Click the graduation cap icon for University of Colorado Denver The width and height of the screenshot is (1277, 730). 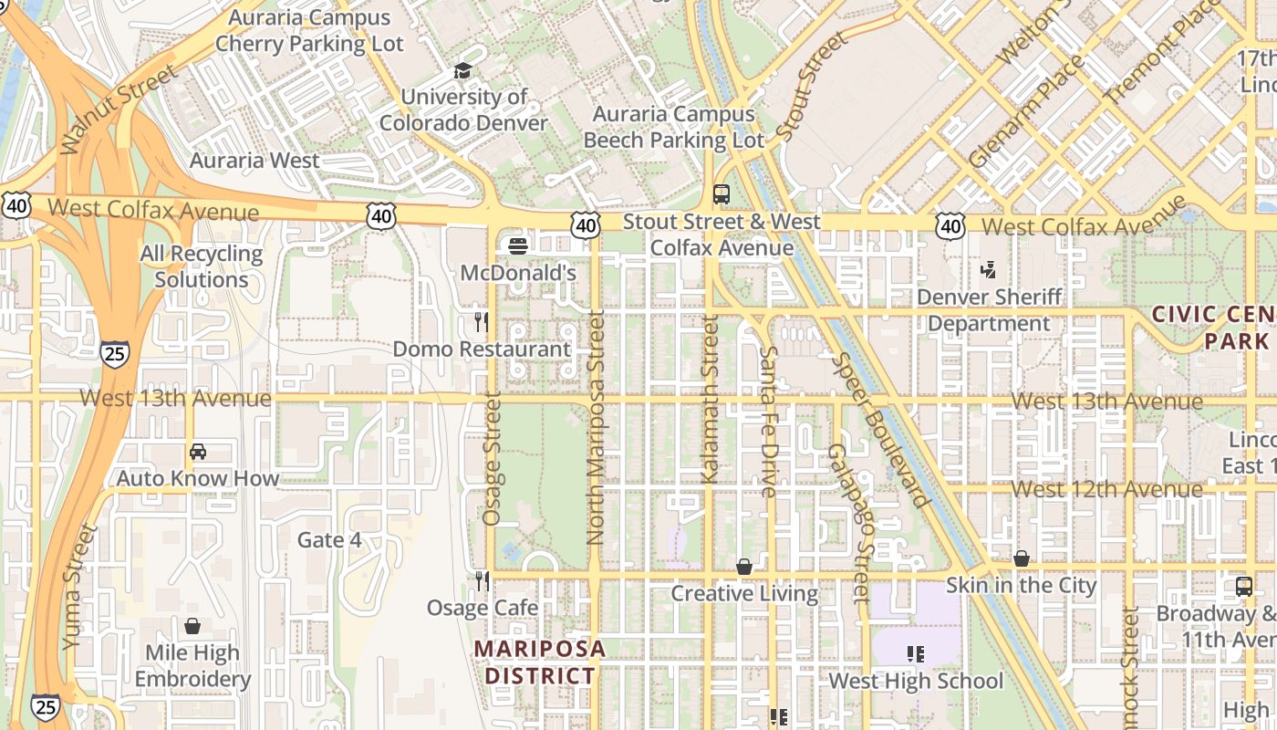(x=463, y=70)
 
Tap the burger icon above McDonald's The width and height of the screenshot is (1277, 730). (x=518, y=245)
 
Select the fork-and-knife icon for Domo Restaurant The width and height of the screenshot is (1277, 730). (x=482, y=322)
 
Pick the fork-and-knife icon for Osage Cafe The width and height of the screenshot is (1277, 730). (x=482, y=581)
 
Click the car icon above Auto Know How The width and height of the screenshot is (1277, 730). (x=198, y=452)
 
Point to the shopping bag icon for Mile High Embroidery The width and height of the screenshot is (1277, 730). (x=192, y=626)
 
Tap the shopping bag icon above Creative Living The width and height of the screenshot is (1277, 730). (x=744, y=567)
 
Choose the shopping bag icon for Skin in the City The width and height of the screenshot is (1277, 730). (x=1022, y=558)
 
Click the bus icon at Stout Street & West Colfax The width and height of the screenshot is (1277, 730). (x=722, y=194)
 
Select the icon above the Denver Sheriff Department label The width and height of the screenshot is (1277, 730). (x=989, y=269)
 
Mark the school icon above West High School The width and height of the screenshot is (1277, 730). (x=916, y=653)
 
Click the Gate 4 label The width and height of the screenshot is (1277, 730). (x=329, y=540)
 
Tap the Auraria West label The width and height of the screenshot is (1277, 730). (x=254, y=161)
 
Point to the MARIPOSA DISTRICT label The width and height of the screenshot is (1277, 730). (x=539, y=662)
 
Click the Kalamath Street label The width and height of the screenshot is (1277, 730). (x=710, y=400)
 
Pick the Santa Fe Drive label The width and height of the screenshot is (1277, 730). (x=768, y=422)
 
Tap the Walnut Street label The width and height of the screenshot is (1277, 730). (x=118, y=109)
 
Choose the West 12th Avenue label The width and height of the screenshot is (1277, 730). (x=1106, y=489)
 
